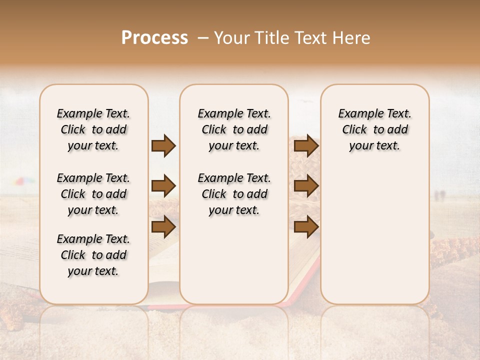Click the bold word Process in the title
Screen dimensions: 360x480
point(154,38)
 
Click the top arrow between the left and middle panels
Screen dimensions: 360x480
point(163,146)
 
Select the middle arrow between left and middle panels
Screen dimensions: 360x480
point(163,186)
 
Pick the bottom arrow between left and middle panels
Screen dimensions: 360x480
point(163,226)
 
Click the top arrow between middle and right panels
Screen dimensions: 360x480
point(306,146)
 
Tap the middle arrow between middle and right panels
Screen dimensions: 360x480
point(306,186)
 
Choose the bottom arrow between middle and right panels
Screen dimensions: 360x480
point(306,226)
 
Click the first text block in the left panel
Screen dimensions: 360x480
point(93,129)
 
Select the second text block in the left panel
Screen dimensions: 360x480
point(93,194)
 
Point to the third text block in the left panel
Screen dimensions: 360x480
point(93,255)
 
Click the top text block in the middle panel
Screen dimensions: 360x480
point(234,129)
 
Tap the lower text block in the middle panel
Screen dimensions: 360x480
point(234,194)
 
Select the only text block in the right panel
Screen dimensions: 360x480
point(374,129)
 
